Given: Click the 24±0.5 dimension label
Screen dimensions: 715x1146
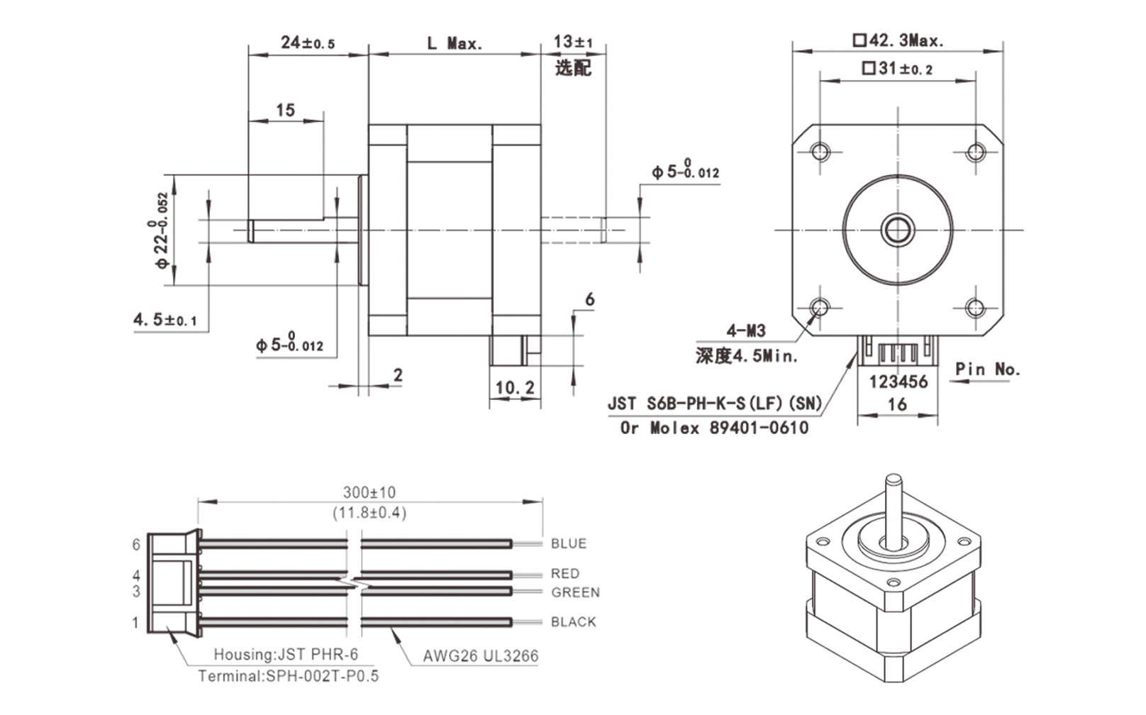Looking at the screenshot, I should [308, 43].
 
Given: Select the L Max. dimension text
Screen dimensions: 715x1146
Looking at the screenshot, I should [455, 43].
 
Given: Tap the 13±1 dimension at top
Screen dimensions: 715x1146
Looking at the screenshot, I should [573, 42].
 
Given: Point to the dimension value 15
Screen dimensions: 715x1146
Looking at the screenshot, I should [285, 110].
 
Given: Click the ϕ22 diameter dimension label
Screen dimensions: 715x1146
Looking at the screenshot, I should [162, 230].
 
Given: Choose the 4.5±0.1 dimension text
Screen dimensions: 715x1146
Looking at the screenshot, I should [165, 320].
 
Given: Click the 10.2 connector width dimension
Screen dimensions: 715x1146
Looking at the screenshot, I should [515, 387].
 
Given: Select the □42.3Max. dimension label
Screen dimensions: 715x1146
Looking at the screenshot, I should [898, 40].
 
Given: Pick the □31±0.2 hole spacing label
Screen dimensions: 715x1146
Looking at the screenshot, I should [897, 69].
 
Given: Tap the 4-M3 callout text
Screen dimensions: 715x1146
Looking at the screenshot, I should [746, 331].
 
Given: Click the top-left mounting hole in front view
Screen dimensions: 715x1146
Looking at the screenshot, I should [820, 151].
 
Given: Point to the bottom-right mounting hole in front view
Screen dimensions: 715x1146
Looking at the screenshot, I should [976, 308].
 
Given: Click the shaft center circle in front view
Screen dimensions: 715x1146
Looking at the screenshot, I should [898, 229].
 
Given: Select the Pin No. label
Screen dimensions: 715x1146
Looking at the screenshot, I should [987, 369].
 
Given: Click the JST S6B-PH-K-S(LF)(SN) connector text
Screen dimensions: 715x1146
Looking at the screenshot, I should [714, 404].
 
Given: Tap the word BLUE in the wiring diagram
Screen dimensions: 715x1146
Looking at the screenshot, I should [569, 543].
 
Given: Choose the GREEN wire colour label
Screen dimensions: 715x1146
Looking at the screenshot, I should [575, 592].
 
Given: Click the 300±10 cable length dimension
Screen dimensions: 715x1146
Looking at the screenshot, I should [369, 492].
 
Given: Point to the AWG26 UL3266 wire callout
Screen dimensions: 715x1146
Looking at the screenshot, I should [481, 655].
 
